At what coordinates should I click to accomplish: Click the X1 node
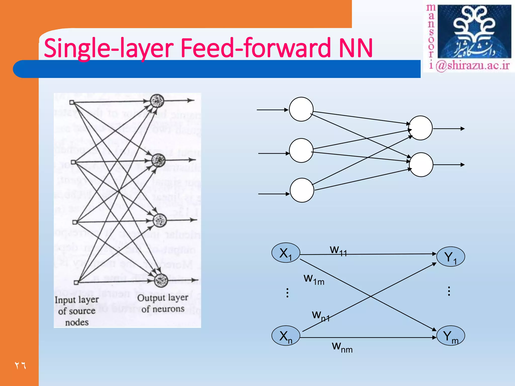tap(286, 253)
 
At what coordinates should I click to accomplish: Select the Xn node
tap(286, 336)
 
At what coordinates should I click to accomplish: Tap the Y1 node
tap(450, 257)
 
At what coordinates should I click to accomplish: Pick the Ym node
tap(450, 336)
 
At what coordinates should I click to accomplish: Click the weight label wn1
tap(321, 316)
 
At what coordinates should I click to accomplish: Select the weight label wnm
tap(342, 347)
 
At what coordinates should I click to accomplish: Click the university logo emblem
tap(474, 31)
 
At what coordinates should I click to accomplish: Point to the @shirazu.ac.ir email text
tap(473, 66)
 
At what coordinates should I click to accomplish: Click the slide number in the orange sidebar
tap(20, 365)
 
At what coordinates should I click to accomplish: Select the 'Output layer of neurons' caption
tap(163, 303)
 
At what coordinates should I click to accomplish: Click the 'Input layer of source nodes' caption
tap(77, 311)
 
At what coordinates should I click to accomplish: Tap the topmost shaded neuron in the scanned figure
tap(157, 101)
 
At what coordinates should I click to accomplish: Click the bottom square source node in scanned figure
tap(76, 283)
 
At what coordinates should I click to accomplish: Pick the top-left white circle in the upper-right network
tap(301, 109)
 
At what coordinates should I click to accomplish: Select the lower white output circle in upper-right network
tap(421, 165)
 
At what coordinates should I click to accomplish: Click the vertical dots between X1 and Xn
tap(287, 293)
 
